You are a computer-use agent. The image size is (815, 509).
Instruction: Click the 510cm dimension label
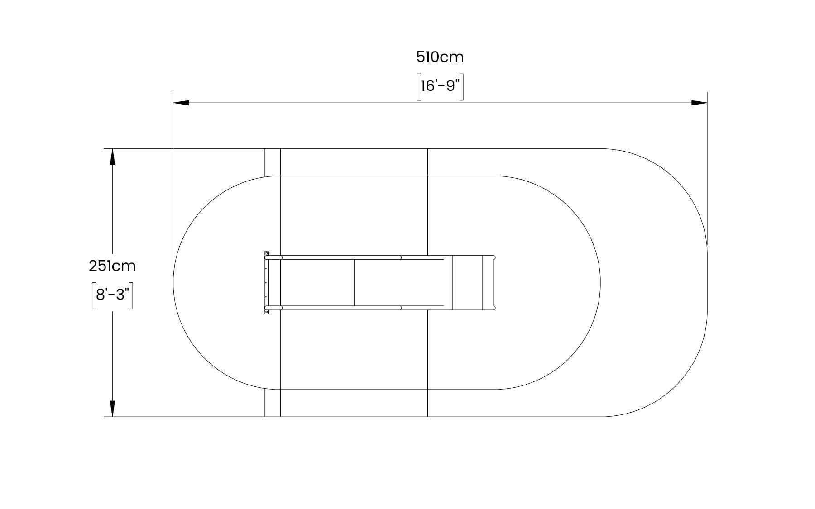click(x=440, y=57)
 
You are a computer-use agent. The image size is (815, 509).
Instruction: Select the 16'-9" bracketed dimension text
click(x=440, y=86)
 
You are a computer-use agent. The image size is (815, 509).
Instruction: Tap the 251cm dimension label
click(x=112, y=266)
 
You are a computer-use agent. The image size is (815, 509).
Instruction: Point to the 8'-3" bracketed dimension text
click(x=112, y=295)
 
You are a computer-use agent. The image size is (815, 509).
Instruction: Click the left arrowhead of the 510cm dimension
click(x=181, y=103)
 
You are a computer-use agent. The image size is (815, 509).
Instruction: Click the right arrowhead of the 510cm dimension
click(x=699, y=103)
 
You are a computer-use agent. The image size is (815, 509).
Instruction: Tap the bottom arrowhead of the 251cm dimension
click(x=112, y=409)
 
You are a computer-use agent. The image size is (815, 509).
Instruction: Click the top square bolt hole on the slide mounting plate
click(x=267, y=253)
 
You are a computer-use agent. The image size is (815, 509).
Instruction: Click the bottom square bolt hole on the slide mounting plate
click(x=267, y=312)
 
